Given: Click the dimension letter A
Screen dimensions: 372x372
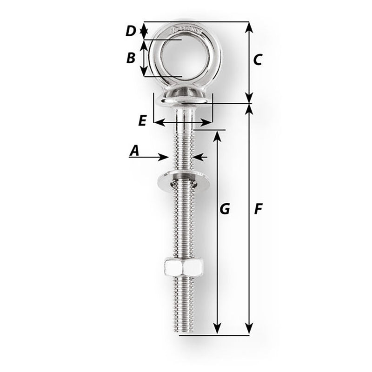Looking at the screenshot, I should pos(134,150).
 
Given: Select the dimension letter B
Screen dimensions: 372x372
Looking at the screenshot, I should pos(131,58).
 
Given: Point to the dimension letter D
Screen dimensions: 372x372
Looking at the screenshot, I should pos(131,31).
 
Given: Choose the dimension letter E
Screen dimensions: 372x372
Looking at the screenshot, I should pos(142,120).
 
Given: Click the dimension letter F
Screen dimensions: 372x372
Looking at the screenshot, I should pos(258,210).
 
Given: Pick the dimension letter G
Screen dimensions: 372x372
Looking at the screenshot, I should pos(225,209).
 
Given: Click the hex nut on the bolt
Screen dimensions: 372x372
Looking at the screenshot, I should pos(183,267).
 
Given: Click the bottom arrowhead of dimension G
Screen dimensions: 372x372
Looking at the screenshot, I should pos(217,329).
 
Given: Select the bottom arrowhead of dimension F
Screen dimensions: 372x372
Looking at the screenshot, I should pos(249,329).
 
